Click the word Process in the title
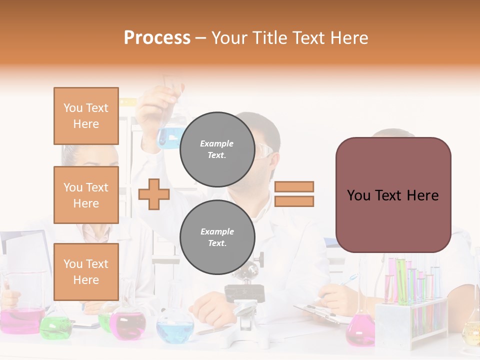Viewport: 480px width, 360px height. point(157,38)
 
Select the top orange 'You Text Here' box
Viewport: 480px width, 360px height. point(86,116)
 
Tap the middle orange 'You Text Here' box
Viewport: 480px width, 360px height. point(86,195)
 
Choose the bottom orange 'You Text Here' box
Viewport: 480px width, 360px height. point(86,272)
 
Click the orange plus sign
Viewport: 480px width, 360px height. point(154,194)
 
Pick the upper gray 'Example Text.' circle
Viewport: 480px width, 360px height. point(217,149)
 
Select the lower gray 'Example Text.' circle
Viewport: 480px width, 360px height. point(217,237)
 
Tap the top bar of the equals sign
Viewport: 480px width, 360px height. point(294,186)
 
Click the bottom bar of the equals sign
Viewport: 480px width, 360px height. point(294,201)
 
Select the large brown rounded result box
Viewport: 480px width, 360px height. point(393,195)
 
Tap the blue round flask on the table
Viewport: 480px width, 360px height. point(175,327)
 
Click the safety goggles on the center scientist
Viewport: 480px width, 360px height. point(265,150)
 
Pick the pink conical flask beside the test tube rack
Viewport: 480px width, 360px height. point(360,330)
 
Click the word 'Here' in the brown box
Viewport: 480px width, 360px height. point(422,195)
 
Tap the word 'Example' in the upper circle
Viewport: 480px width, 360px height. point(217,143)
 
